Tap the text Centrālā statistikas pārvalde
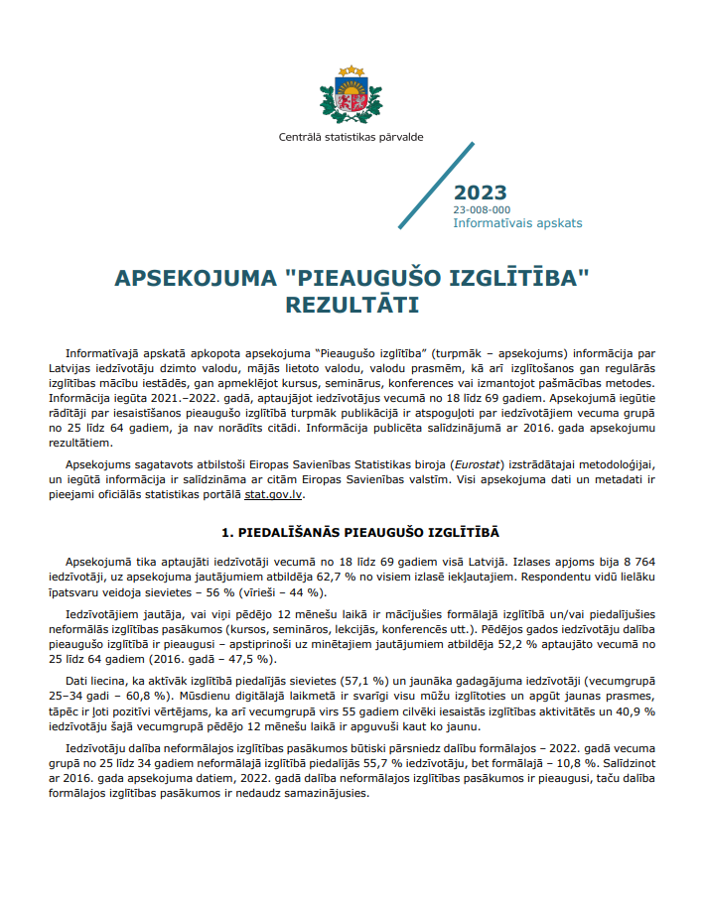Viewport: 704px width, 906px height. click(352, 138)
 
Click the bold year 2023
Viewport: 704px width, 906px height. click(481, 193)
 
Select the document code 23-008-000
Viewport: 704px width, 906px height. click(482, 209)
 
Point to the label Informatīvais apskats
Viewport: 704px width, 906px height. click(517, 223)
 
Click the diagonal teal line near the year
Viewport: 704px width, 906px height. click(435, 186)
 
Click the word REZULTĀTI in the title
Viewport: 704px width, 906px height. click(352, 304)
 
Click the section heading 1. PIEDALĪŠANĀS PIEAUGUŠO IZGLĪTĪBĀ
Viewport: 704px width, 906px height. click(352, 533)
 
